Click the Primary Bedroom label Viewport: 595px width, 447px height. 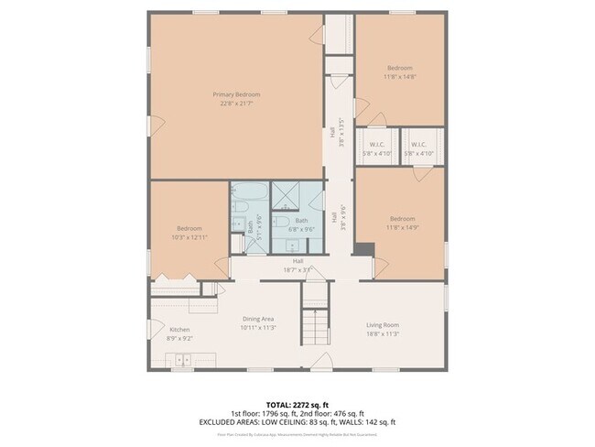(236, 94)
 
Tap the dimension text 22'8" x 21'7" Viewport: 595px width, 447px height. (236, 104)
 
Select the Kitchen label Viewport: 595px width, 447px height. (179, 329)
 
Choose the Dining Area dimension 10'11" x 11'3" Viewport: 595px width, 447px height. (257, 328)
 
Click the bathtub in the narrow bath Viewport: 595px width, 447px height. (248, 193)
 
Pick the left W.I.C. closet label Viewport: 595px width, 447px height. (375, 145)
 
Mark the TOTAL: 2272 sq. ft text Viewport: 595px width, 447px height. (297, 403)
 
